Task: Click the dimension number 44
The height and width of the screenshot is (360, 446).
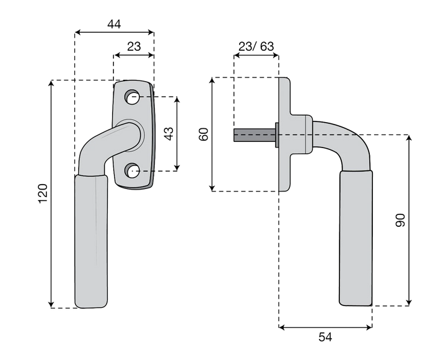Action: [x=114, y=24]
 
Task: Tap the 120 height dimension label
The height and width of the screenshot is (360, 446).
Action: [x=43, y=194]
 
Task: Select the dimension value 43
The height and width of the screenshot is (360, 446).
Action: [x=169, y=134]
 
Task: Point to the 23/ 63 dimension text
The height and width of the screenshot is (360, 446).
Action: [x=256, y=46]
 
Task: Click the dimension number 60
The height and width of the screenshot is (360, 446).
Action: [x=204, y=134]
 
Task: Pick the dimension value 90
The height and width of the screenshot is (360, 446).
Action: [x=400, y=220]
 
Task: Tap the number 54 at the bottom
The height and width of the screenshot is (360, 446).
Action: [x=325, y=337]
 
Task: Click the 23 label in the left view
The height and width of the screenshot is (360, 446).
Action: [x=134, y=46]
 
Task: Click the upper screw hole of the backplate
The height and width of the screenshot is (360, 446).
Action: [x=132, y=97]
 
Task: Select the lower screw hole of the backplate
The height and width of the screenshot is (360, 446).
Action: [x=132, y=171]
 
